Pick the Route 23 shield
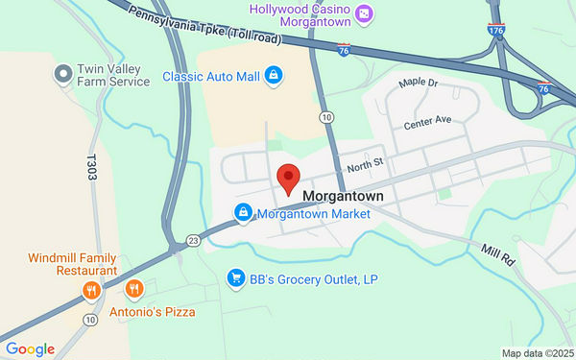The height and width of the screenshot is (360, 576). [193, 240]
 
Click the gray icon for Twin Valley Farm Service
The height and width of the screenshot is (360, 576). [63, 73]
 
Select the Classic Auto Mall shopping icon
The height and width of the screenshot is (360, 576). [274, 75]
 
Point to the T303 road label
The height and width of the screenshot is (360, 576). [92, 171]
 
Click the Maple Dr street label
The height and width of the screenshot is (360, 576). [419, 84]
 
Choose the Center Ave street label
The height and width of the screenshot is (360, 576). [427, 123]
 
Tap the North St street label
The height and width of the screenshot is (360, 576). [365, 164]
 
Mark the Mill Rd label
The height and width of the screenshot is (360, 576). [498, 255]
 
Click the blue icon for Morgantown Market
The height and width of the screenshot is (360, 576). [244, 213]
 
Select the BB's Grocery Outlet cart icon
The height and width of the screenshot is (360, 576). [234, 278]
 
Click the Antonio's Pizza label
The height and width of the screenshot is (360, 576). [158, 312]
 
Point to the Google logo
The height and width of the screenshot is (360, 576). [29, 349]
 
